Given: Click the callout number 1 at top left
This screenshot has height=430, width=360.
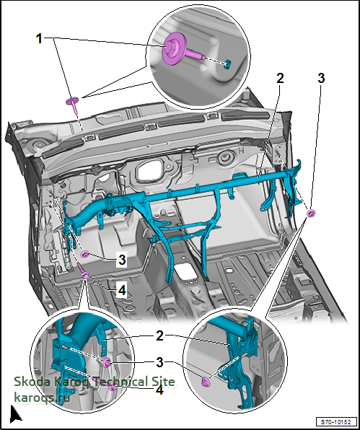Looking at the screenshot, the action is pyautogui.click(x=39, y=39).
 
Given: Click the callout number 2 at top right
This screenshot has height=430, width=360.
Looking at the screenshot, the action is pyautogui.click(x=280, y=79).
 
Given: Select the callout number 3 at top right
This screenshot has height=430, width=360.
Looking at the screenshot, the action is pyautogui.click(x=321, y=79).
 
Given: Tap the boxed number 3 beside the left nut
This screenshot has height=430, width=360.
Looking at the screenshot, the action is pyautogui.click(x=122, y=260).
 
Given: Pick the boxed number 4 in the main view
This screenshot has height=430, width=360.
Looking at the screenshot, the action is pyautogui.click(x=122, y=290).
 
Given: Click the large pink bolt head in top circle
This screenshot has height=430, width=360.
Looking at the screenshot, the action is pyautogui.click(x=174, y=48).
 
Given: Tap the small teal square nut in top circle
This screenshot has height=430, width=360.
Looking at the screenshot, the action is pyautogui.click(x=227, y=65).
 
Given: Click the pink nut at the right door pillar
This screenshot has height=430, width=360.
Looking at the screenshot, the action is pyautogui.click(x=311, y=213).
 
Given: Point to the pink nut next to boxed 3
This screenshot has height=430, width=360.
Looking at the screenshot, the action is pyautogui.click(x=84, y=255).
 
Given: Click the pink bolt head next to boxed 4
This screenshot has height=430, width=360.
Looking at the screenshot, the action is pyautogui.click(x=84, y=275).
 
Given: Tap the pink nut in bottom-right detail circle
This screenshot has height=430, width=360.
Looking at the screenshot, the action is pyautogui.click(x=205, y=382).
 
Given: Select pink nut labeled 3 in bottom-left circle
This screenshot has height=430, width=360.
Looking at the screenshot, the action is pyautogui.click(x=106, y=362).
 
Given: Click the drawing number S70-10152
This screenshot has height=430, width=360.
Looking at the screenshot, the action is pyautogui.click(x=337, y=421).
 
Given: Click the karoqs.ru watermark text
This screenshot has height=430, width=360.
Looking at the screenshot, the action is pyautogui.click(x=41, y=397).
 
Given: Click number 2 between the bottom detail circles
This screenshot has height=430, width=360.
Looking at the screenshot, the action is pyautogui.click(x=159, y=335).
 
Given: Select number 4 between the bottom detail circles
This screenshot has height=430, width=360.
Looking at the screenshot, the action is pyautogui.click(x=159, y=390).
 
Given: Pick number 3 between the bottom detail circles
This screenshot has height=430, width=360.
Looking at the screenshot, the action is pyautogui.click(x=159, y=362).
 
